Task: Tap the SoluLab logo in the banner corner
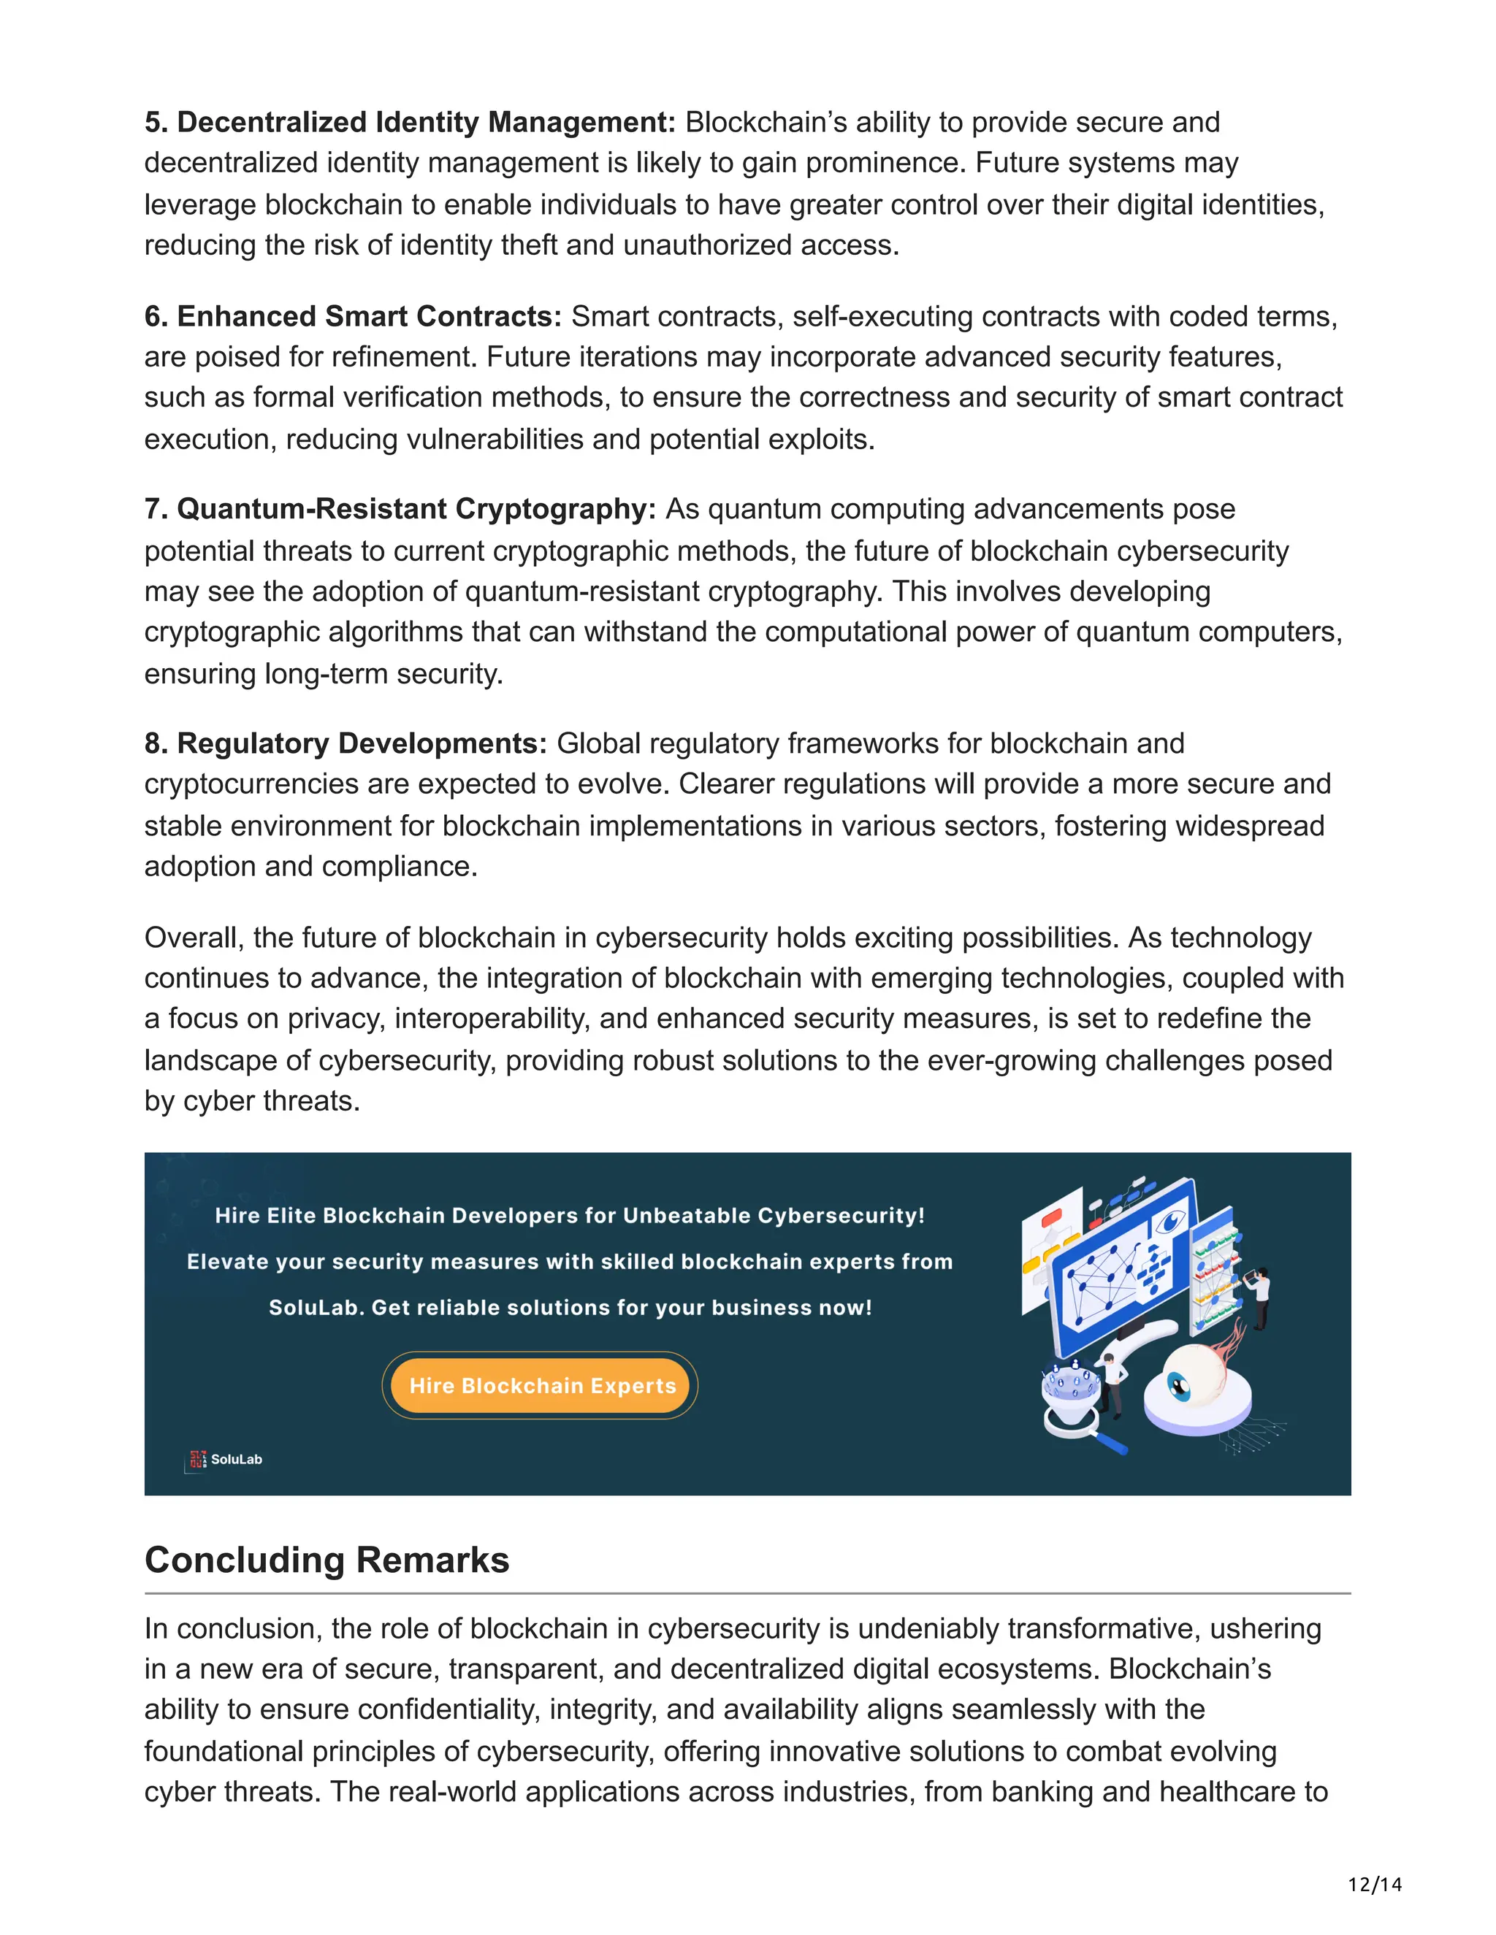224,1459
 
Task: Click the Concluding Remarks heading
327,1560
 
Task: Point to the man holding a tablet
1259,1295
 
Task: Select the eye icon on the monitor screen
1171,1222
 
